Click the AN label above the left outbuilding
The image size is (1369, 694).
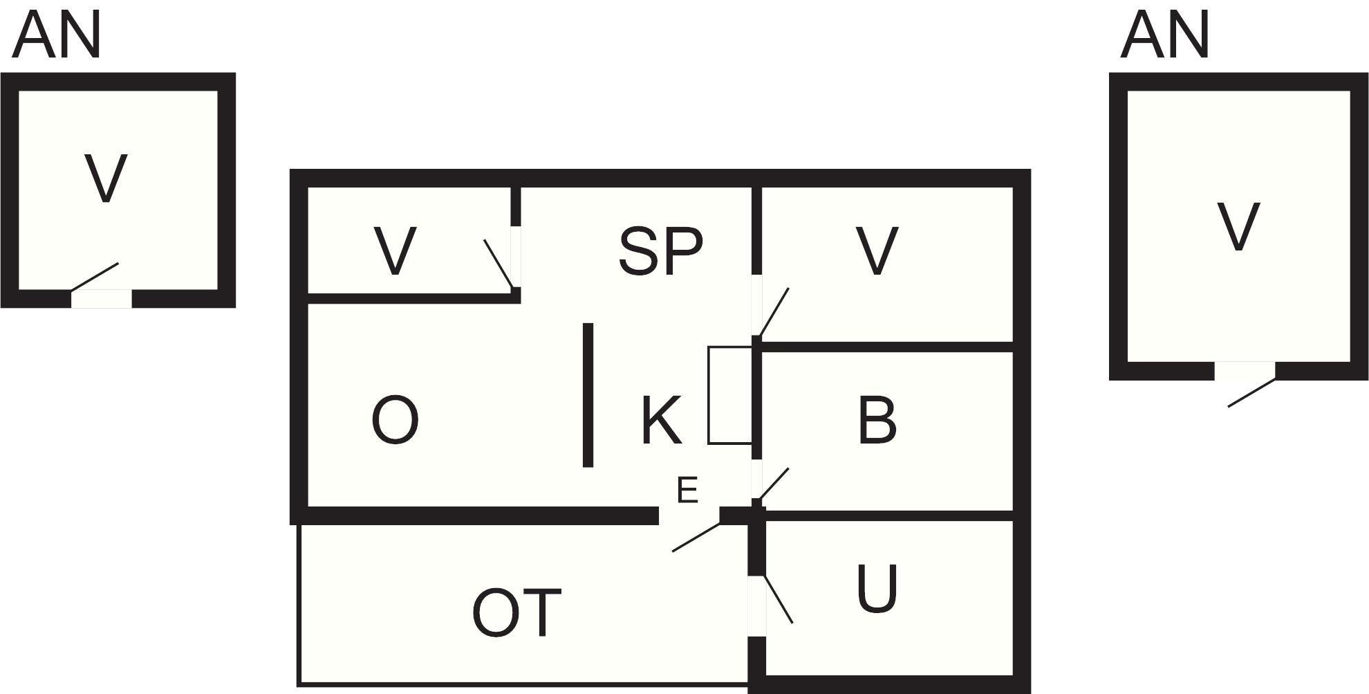point(57,35)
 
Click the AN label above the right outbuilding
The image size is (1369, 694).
point(1165,35)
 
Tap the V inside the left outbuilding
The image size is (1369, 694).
point(106,178)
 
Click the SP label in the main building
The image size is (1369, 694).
point(660,250)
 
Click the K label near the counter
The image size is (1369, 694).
point(662,420)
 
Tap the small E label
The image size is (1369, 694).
point(687,491)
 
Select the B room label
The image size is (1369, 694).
point(877,420)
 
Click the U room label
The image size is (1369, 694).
point(877,589)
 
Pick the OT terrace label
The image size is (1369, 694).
point(516,612)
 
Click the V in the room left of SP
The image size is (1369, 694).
point(395,250)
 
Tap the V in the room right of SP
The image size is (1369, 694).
point(877,250)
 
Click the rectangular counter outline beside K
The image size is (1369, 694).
point(730,395)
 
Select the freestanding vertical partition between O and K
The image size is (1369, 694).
point(588,395)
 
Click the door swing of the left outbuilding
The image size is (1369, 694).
point(95,277)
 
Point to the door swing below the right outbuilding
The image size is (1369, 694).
point(1251,392)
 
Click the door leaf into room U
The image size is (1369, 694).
point(777,599)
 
